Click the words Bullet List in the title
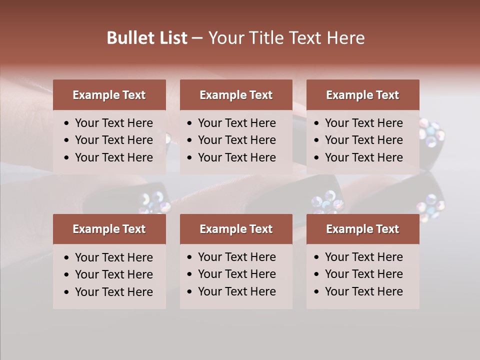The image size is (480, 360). pyautogui.click(x=147, y=38)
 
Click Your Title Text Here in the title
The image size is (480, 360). pyautogui.click(x=286, y=38)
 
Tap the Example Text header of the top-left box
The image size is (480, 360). pyautogui.click(x=109, y=95)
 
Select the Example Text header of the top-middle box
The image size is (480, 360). pyautogui.click(x=236, y=95)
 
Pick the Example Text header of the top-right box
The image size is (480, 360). pyautogui.click(x=362, y=95)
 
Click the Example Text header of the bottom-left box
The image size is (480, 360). pyautogui.click(x=109, y=229)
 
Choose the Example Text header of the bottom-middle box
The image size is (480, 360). pyautogui.click(x=236, y=229)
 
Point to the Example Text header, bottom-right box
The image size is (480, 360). pyautogui.click(x=362, y=229)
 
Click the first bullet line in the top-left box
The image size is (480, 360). pyautogui.click(x=113, y=123)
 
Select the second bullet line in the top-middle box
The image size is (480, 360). pyautogui.click(x=236, y=140)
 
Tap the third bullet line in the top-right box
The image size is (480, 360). pyautogui.click(x=363, y=157)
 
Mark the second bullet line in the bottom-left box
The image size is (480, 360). pyautogui.click(x=113, y=274)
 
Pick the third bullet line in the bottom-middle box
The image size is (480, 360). pyautogui.click(x=236, y=291)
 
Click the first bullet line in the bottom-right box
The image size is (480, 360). pyautogui.click(x=363, y=257)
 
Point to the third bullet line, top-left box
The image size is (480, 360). pyautogui.click(x=113, y=157)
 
